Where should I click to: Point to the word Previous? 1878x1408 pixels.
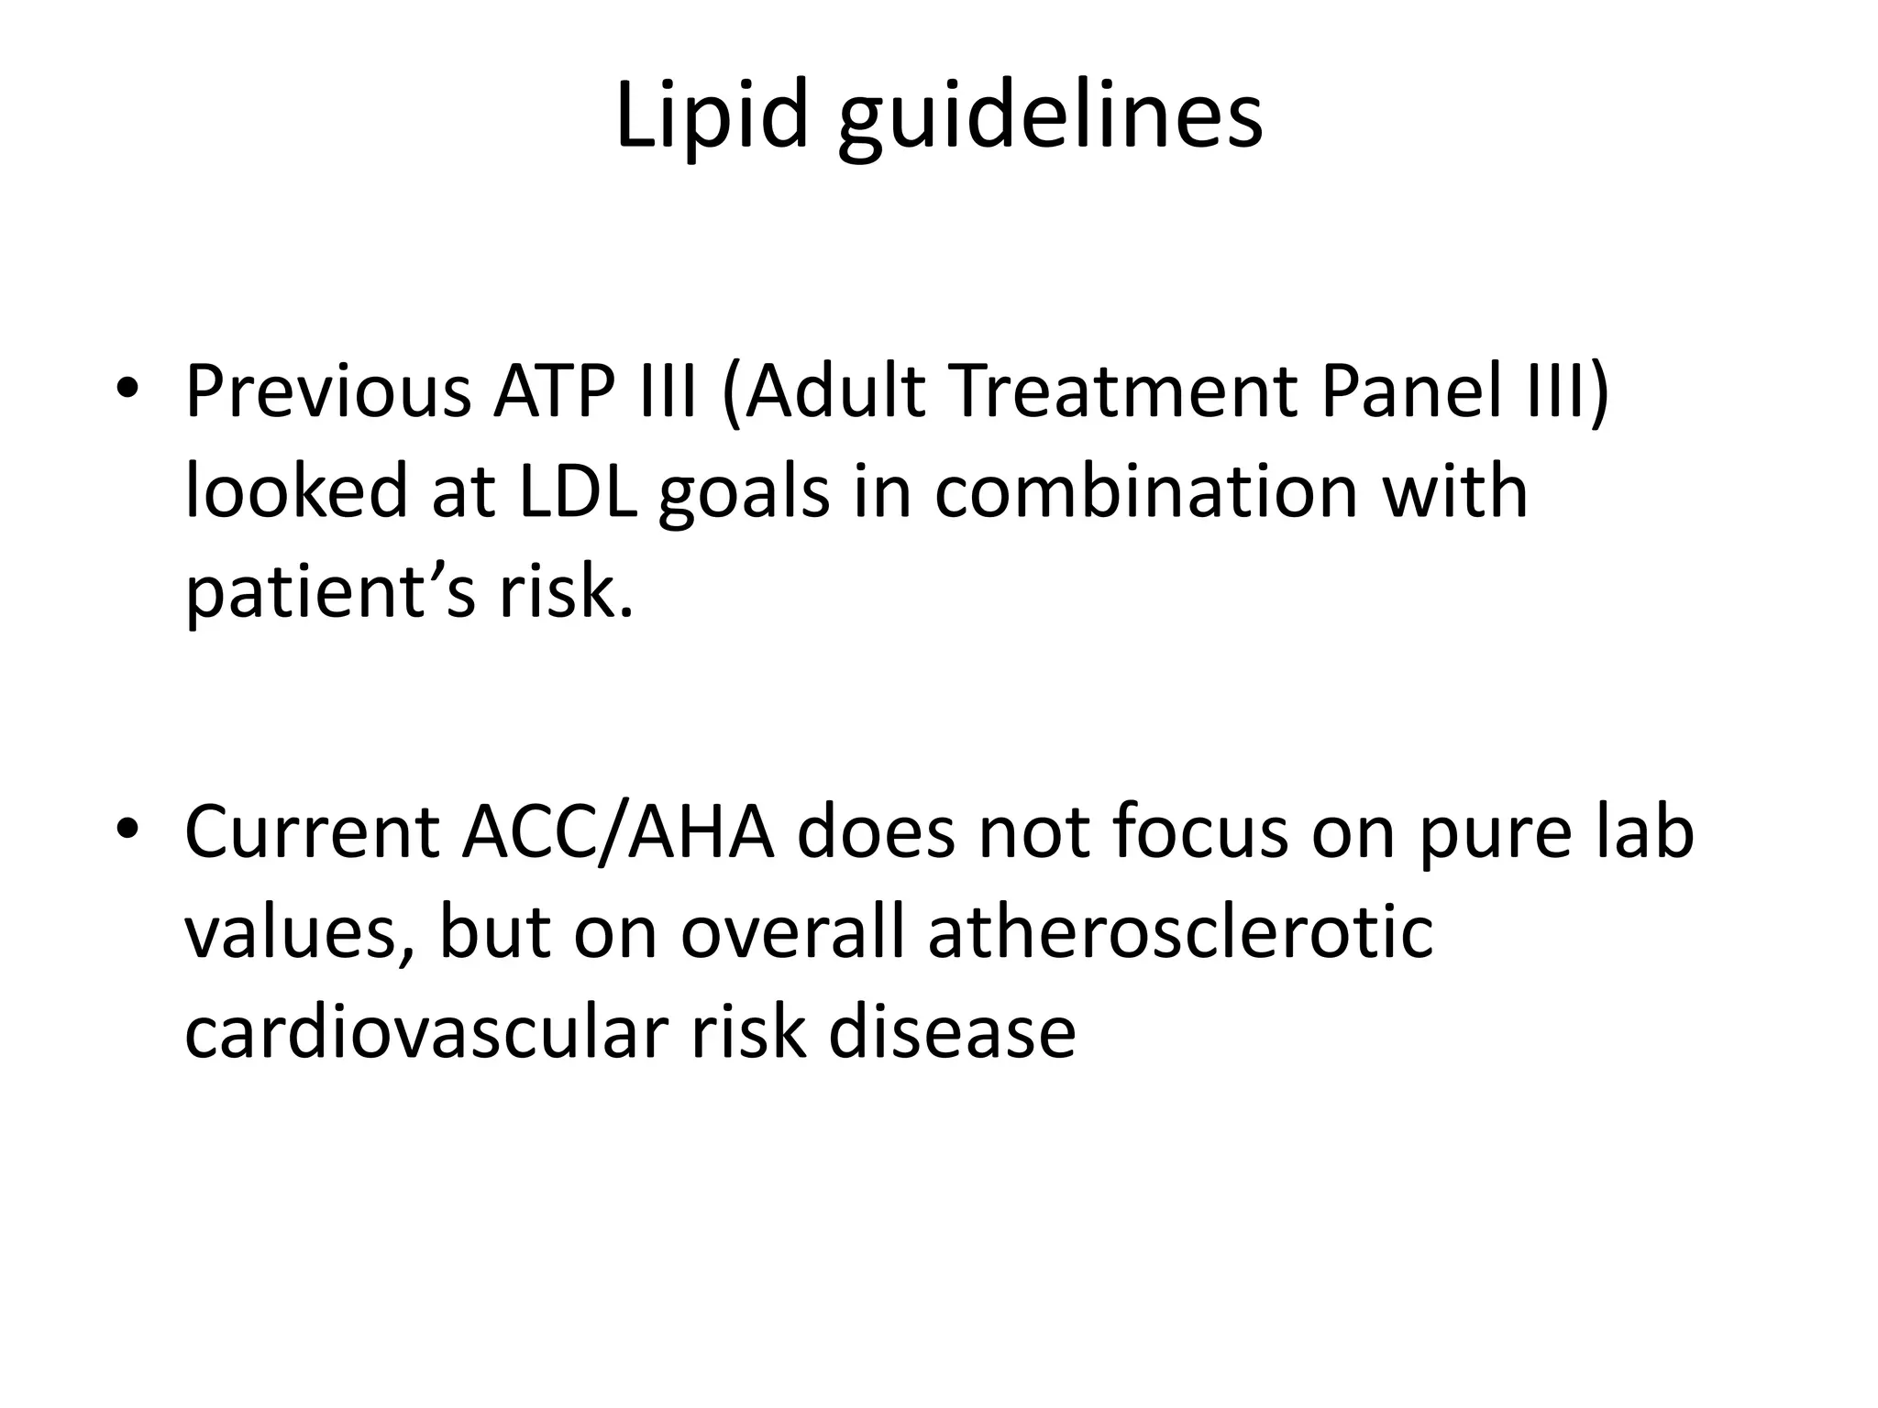327,391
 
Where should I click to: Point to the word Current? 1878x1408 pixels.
312,832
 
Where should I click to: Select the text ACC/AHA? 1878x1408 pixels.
618,832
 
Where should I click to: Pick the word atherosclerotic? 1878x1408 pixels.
1180,931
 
